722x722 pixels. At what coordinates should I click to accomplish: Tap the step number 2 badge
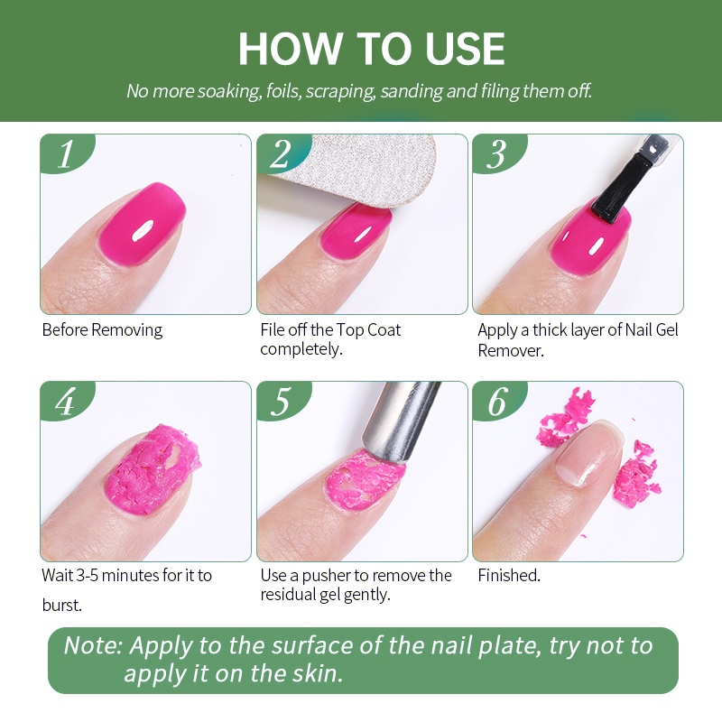click(282, 153)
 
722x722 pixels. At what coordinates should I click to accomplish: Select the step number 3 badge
click(498, 153)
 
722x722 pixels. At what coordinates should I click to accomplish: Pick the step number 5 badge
click(282, 401)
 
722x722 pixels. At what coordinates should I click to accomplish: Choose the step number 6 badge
click(498, 401)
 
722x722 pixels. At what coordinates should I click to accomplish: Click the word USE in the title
click(464, 49)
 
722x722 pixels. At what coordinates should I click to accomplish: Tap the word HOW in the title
click(290, 49)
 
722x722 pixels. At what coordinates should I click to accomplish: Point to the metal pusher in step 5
click(401, 421)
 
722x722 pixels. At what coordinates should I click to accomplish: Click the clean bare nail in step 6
click(588, 454)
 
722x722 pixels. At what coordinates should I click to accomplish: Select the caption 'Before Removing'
click(102, 330)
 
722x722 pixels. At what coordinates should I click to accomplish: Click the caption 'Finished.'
click(509, 575)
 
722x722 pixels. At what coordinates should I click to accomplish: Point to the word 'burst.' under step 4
click(61, 605)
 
